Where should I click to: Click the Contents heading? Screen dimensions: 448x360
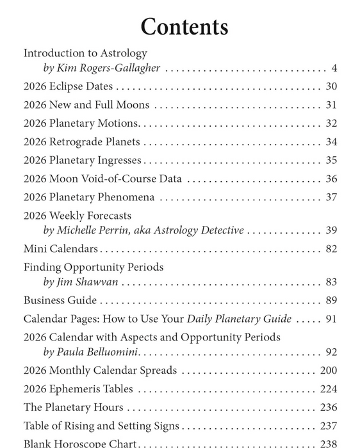[x=184, y=27]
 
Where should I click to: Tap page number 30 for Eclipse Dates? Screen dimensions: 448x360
[x=331, y=86]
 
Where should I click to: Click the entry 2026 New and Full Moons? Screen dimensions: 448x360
[x=86, y=105]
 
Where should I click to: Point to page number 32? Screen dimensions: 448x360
[x=331, y=124]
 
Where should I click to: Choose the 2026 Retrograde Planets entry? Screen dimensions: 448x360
[x=82, y=142]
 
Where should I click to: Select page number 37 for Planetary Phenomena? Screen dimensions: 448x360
[x=331, y=198]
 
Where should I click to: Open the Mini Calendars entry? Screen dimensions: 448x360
[x=61, y=249]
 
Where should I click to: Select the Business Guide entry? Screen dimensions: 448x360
[x=60, y=300]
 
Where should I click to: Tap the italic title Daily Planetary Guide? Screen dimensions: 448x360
[x=239, y=319]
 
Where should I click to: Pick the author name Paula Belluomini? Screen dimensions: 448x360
[x=101, y=352]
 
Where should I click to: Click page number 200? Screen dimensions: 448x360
[x=328, y=371]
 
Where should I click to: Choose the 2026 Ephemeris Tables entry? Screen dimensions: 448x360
[x=78, y=389]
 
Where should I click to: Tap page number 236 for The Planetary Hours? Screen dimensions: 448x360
[x=328, y=408]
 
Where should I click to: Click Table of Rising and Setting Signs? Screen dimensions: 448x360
[x=102, y=426]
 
